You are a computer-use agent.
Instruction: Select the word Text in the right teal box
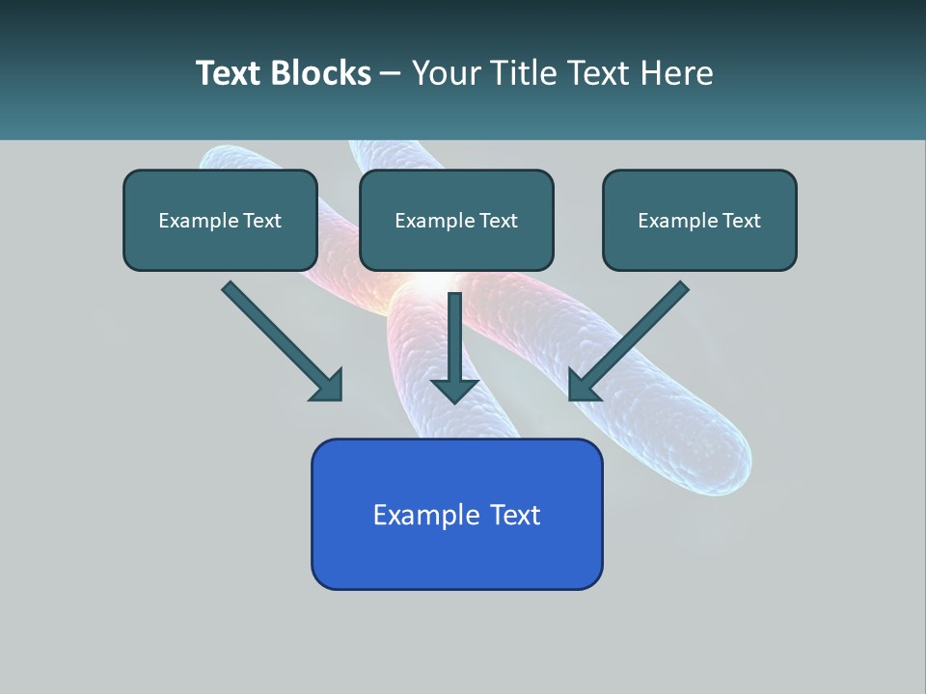741,221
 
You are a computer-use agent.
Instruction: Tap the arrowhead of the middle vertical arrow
455,389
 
